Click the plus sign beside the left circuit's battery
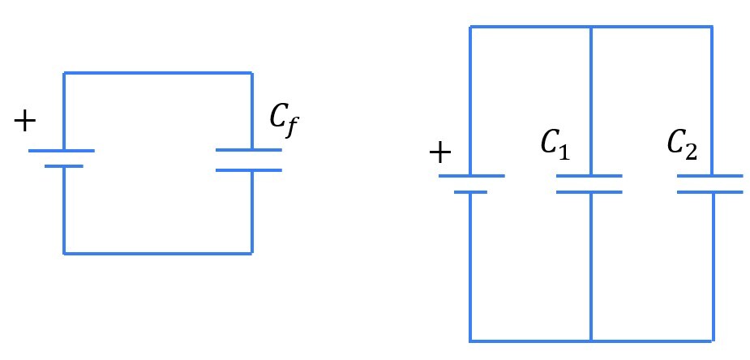[25, 122]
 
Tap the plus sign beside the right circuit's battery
[439, 153]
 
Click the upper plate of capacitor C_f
[249, 150]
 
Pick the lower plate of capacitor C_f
[249, 170]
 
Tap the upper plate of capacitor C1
[589, 176]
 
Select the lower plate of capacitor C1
[589, 192]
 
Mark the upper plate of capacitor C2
[710, 176]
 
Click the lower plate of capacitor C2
[710, 192]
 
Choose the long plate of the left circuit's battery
[62, 151]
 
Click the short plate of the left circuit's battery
[63, 166]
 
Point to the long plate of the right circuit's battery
[471, 176]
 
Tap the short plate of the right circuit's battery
[470, 192]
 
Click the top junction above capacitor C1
[590, 27]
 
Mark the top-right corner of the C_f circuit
[251, 73]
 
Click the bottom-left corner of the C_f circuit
[64, 253]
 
